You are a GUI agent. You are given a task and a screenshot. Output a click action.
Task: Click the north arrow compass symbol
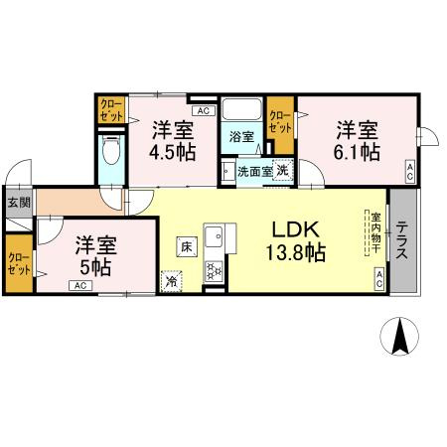399,336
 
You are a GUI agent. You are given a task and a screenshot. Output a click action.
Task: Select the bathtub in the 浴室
241,109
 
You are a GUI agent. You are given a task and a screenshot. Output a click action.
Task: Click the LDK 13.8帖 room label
295,240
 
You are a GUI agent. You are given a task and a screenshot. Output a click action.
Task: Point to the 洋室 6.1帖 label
357,141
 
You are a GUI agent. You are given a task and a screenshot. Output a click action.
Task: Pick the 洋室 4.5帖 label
173,141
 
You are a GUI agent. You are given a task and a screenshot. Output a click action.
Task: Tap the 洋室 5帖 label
95,256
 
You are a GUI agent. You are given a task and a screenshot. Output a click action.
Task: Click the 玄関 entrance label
19,202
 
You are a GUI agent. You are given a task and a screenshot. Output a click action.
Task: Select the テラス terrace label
402,240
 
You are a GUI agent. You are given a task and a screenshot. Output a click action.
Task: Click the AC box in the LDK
379,279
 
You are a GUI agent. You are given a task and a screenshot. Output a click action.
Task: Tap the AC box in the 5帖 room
80,285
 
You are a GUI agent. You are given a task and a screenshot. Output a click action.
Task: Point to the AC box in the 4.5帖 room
204,110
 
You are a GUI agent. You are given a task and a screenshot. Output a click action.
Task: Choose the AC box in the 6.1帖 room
410,172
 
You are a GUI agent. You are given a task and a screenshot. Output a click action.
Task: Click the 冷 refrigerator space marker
172,281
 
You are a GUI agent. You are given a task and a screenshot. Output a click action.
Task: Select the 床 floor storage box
187,246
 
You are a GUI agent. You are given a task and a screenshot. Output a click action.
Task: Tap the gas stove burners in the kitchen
214,271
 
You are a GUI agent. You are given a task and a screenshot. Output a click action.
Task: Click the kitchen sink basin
214,236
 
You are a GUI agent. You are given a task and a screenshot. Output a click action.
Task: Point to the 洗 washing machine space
283,170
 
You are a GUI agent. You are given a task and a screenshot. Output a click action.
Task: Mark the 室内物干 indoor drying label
375,232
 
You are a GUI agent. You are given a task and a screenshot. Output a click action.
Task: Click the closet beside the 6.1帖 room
281,125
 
